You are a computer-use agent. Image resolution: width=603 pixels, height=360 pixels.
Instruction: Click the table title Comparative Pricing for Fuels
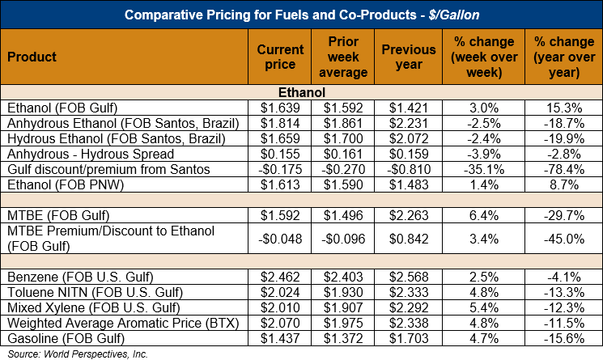301,14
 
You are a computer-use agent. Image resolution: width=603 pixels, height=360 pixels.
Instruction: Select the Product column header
32,57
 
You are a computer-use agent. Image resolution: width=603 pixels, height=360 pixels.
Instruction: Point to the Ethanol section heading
301,92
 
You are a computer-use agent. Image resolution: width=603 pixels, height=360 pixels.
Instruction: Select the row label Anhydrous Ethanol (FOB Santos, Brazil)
122,123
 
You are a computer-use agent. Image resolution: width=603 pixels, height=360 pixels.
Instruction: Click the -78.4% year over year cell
563,169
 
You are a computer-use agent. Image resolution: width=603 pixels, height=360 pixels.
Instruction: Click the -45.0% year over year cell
563,239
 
